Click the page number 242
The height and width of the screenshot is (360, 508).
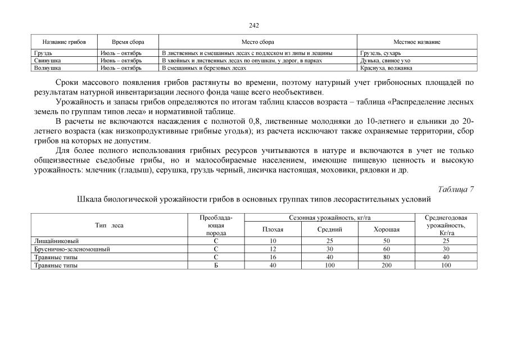(253, 25)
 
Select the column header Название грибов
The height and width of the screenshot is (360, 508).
(64, 42)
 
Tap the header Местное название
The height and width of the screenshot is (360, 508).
(417, 42)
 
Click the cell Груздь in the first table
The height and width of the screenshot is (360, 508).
(43, 53)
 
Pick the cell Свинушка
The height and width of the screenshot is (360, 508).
(47, 60)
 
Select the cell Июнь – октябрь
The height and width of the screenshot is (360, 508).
(121, 60)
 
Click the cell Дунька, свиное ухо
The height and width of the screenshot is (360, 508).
(385, 60)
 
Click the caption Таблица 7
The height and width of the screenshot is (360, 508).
(455, 189)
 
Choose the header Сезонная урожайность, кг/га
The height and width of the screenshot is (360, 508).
(330, 217)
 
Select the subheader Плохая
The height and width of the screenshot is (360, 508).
(273, 229)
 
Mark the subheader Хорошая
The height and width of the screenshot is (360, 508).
(387, 229)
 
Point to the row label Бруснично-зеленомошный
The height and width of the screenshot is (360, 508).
(71, 249)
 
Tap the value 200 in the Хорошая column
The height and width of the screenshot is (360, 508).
(387, 265)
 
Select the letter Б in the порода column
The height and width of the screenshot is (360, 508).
(216, 265)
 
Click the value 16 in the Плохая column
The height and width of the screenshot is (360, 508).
(273, 257)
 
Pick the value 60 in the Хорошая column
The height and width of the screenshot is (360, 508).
(387, 249)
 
